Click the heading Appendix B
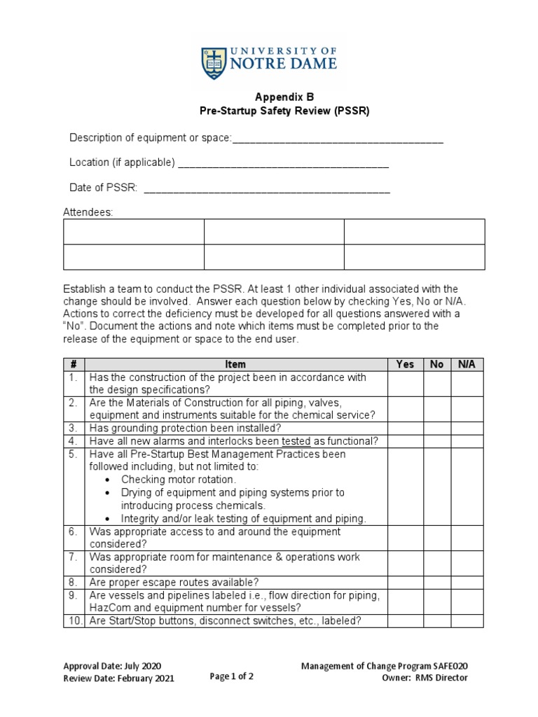269,99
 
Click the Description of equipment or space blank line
337,139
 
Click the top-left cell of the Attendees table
134,232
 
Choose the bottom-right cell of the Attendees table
414,257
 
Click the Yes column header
405,364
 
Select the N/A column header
467,364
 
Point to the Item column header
236,364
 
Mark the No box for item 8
437,582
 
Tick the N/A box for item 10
467,620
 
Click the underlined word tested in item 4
296,441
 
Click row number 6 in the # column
73,532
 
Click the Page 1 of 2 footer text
231,676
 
